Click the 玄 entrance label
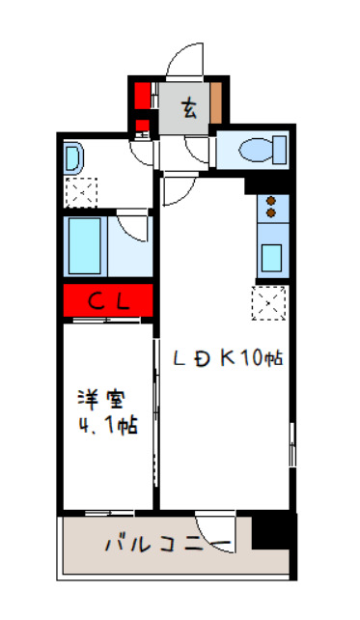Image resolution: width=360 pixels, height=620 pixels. (x=189, y=107)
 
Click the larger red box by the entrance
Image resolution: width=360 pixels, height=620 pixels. (x=142, y=97)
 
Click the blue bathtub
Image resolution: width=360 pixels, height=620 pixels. (x=85, y=245)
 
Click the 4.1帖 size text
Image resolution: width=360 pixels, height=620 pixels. (x=107, y=425)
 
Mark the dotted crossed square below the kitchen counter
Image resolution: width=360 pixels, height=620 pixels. (x=268, y=303)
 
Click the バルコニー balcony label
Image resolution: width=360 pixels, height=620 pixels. (x=166, y=545)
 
